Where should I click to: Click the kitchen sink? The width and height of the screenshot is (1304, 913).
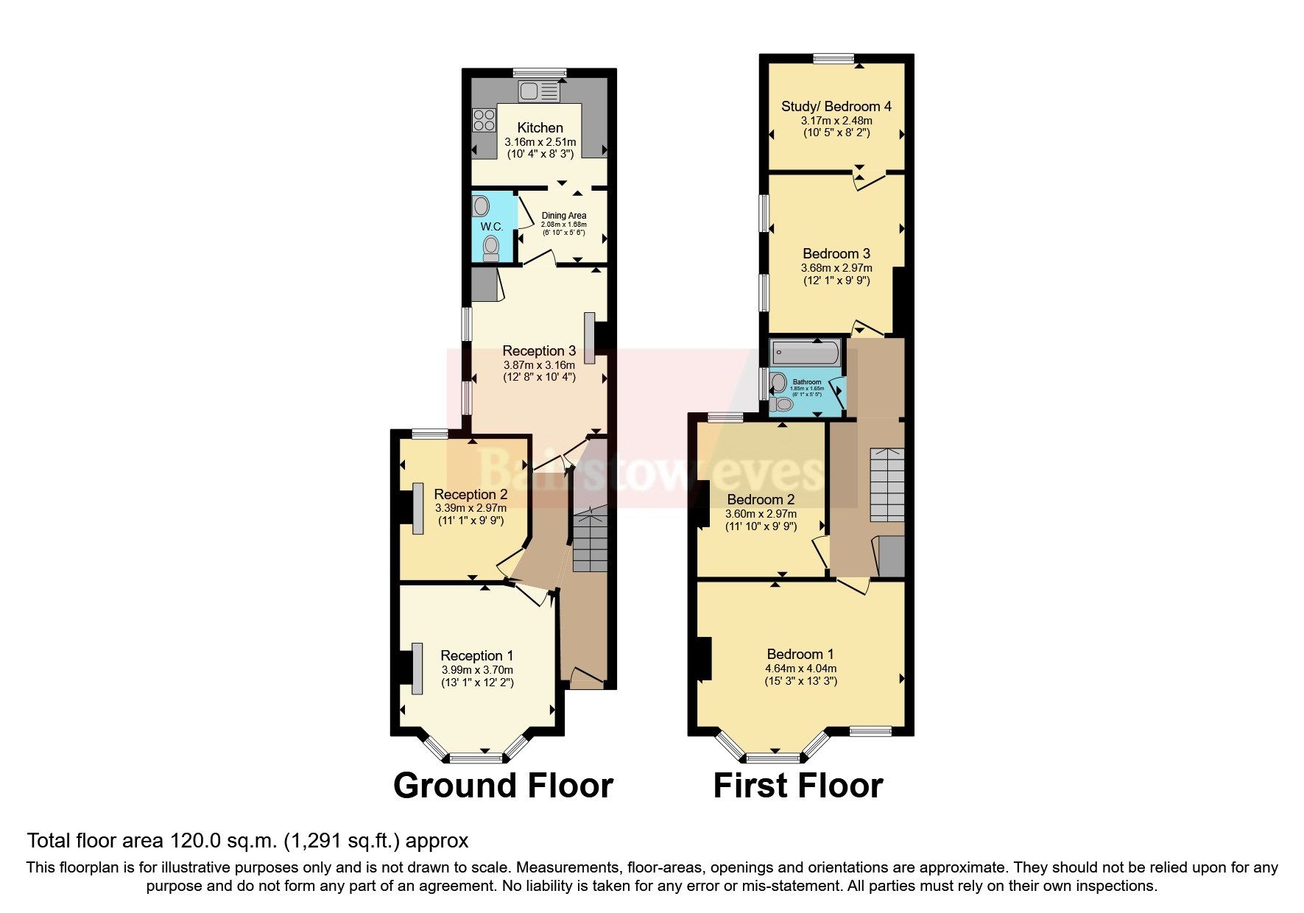tap(538, 92)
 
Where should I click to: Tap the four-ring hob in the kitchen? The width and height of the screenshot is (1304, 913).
tap(484, 119)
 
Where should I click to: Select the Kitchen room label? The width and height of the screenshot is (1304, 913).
tap(540, 128)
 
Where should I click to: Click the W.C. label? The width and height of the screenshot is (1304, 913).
tap(492, 227)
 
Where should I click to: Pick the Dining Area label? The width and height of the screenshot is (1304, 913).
tap(564, 216)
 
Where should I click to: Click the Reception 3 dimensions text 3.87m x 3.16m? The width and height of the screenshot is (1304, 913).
tap(539, 364)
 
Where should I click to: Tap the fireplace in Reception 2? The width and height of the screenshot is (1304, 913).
tap(417, 508)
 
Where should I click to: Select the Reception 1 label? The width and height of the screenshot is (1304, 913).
tap(476, 655)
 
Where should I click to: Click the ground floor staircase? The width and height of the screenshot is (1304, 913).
tap(591, 541)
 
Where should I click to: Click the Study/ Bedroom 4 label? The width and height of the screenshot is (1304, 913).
tap(836, 107)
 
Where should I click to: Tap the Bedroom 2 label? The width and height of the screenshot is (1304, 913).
tap(761, 500)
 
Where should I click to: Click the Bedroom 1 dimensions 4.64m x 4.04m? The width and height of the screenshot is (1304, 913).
tap(800, 669)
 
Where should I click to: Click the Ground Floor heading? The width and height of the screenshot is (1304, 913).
tap(503, 786)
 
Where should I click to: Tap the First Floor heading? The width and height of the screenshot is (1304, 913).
tap(797, 786)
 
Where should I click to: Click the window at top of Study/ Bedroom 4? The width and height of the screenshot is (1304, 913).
tap(833, 59)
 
